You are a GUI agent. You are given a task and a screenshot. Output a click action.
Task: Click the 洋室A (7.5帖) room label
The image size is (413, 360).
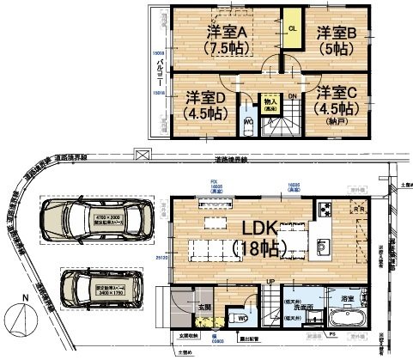tap(226, 40)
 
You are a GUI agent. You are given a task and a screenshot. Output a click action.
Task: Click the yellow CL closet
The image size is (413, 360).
tap(292, 34)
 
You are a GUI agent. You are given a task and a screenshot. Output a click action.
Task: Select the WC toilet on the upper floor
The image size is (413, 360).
tap(247, 121)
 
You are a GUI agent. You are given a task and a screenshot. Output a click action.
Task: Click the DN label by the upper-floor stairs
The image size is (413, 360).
tap(293, 96)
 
